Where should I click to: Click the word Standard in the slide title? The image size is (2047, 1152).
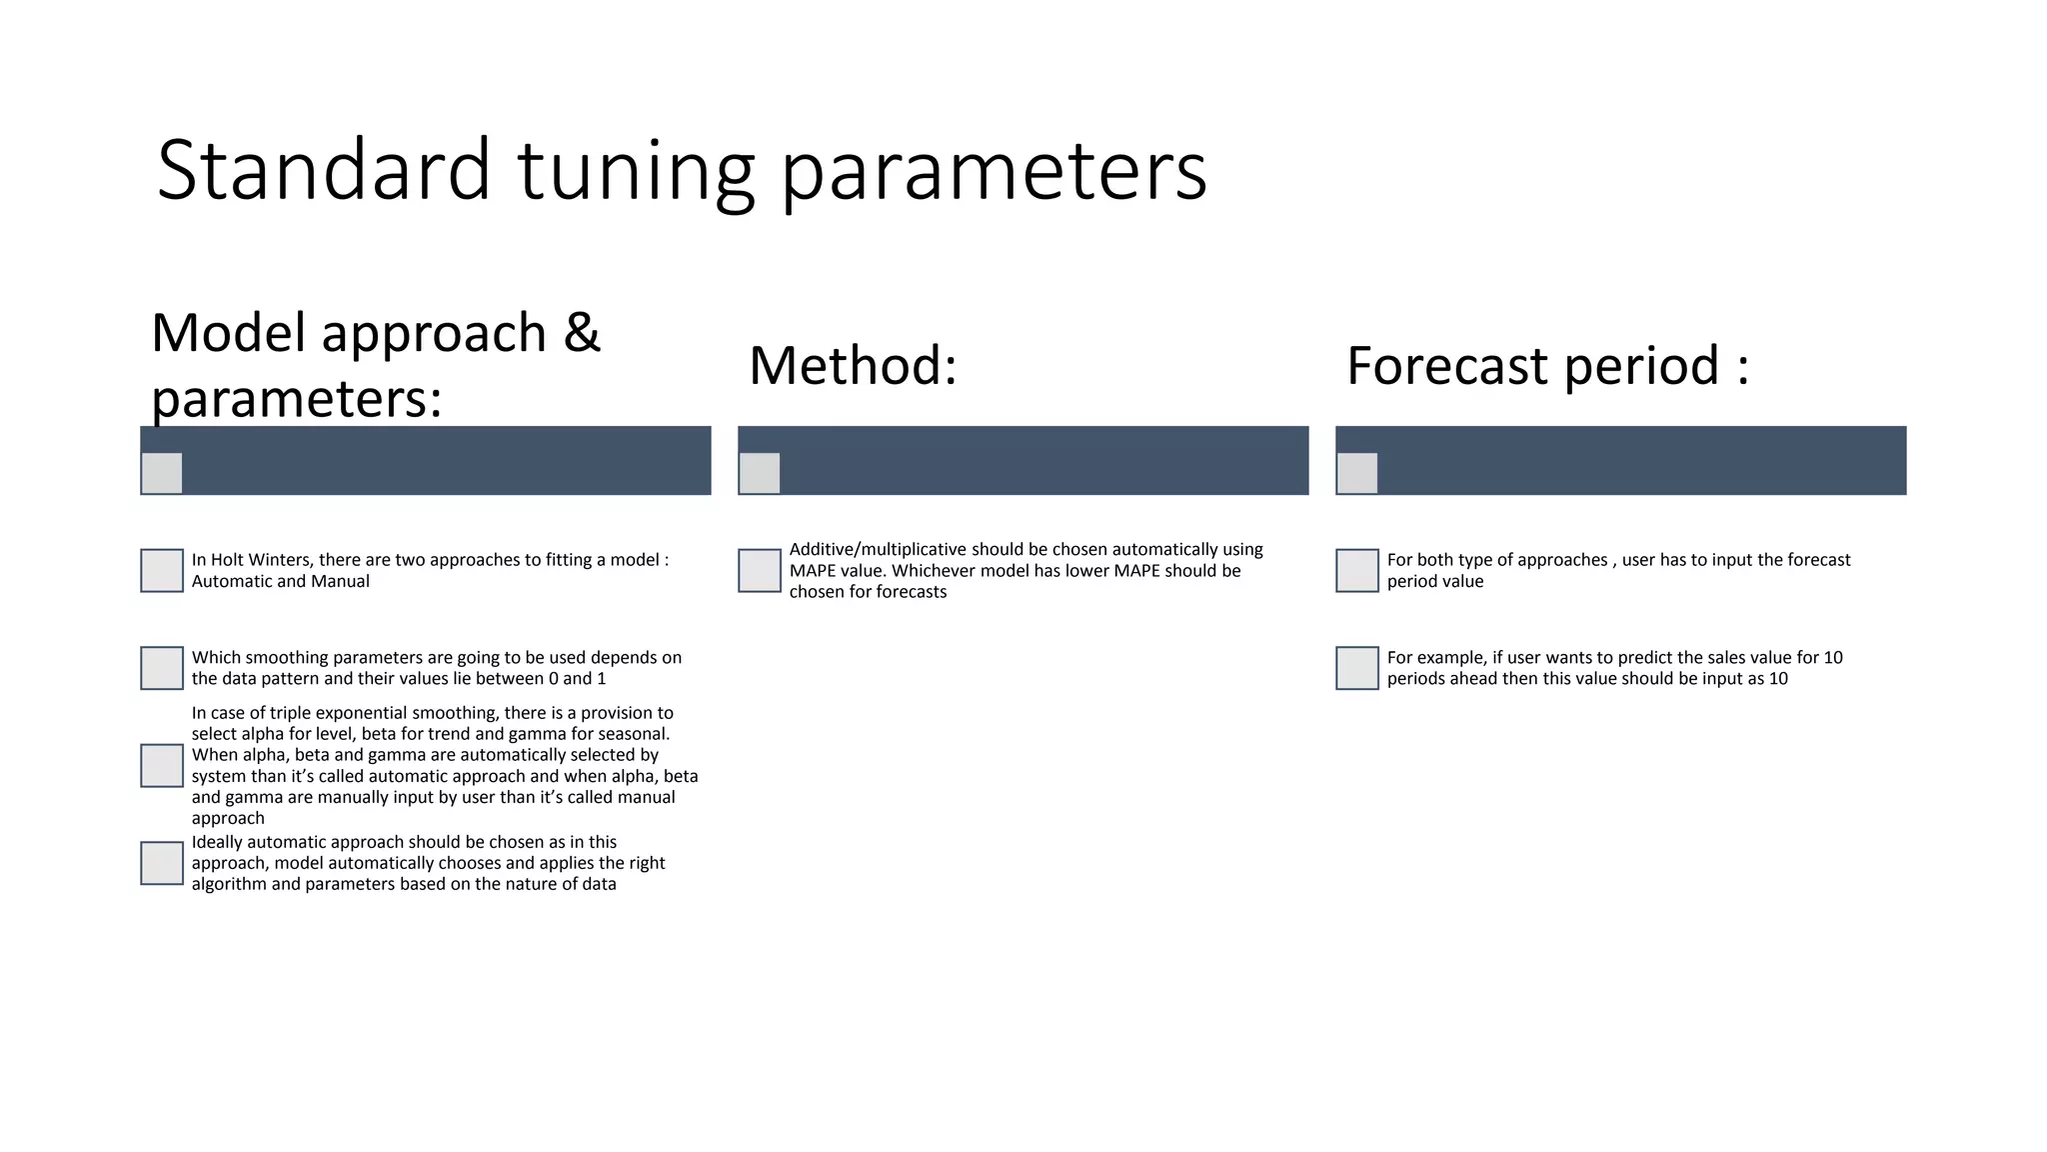(323, 170)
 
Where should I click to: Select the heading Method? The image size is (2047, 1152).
(853, 365)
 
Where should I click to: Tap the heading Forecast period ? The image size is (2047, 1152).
(1547, 365)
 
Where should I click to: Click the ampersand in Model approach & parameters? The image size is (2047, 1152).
(581, 333)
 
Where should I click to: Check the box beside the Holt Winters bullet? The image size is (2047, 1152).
(162, 570)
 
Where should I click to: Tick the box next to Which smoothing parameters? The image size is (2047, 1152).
(162, 668)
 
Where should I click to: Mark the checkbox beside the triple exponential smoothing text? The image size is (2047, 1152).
(162, 765)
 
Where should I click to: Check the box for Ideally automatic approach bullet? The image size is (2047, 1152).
(162, 863)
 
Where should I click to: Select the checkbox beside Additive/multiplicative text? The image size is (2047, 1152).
(760, 570)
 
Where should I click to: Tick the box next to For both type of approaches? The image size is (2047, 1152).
(1357, 570)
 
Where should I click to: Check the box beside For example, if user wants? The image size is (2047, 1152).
(1357, 668)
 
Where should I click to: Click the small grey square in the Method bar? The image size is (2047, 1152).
(760, 473)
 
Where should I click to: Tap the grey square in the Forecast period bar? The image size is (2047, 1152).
(1357, 473)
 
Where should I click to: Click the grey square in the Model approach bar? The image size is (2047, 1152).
(162, 473)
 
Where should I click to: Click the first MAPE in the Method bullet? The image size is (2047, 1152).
(813, 571)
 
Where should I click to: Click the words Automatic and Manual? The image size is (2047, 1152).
(280, 582)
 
